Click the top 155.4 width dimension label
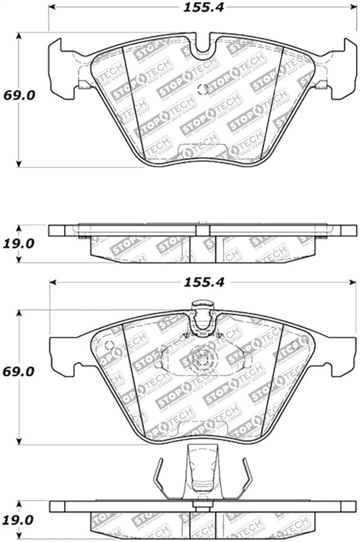point(201,9)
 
